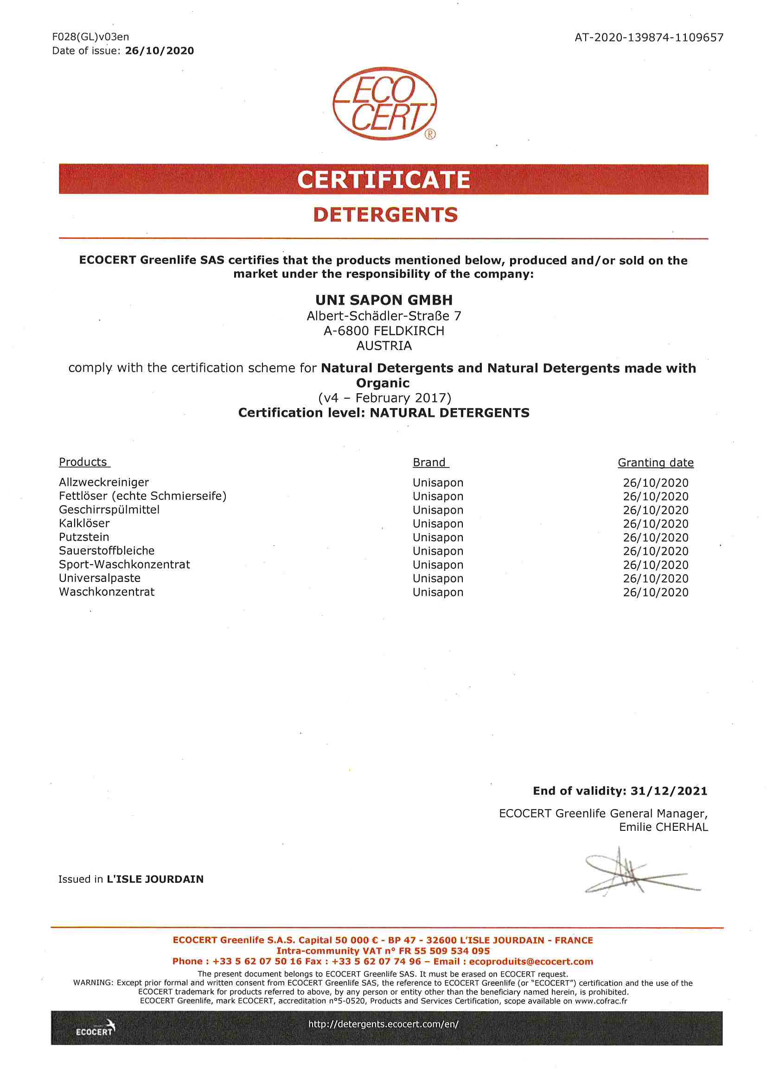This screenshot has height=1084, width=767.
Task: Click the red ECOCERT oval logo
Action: coord(384,103)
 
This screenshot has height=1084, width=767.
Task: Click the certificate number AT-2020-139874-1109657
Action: coord(648,37)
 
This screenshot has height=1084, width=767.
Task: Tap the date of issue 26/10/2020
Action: coord(159,51)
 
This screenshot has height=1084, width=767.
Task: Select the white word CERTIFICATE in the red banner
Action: coord(383,180)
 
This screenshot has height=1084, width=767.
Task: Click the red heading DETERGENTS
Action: coord(385,215)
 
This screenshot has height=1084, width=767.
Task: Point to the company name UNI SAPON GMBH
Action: coord(384,300)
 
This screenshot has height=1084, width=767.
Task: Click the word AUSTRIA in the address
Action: coord(384,345)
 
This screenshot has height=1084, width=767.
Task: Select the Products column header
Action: coord(83,462)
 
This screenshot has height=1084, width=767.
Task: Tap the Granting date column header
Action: coord(656,463)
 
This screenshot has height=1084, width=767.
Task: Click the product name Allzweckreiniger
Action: coord(104,482)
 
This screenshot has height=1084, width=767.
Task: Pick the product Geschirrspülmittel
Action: coord(109,510)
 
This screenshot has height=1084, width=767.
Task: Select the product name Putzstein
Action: coord(84,537)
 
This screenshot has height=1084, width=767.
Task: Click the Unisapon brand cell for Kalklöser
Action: coord(438,523)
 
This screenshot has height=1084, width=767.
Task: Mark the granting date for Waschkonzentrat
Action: coord(656,592)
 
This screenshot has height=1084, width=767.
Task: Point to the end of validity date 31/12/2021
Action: coord(669,791)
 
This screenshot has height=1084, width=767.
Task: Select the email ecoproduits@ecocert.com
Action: coord(531,961)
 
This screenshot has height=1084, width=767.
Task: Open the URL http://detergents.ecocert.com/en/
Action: coord(383,1024)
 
